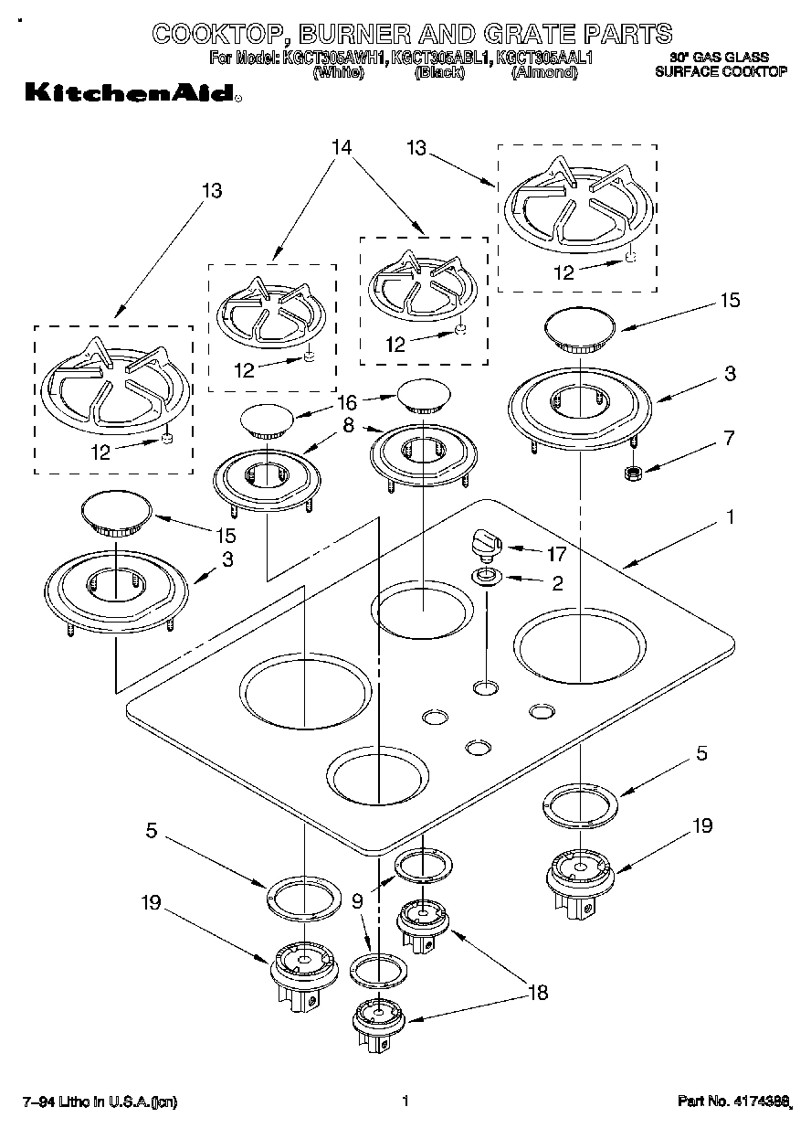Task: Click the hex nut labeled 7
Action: tap(629, 474)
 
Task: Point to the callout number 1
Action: tap(730, 517)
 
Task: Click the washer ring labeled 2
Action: tap(485, 577)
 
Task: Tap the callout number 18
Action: tap(538, 992)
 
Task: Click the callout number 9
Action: tap(357, 900)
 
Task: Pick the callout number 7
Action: tap(728, 438)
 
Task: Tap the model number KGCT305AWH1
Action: tap(334, 58)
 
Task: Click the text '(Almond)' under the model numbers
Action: tap(544, 72)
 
